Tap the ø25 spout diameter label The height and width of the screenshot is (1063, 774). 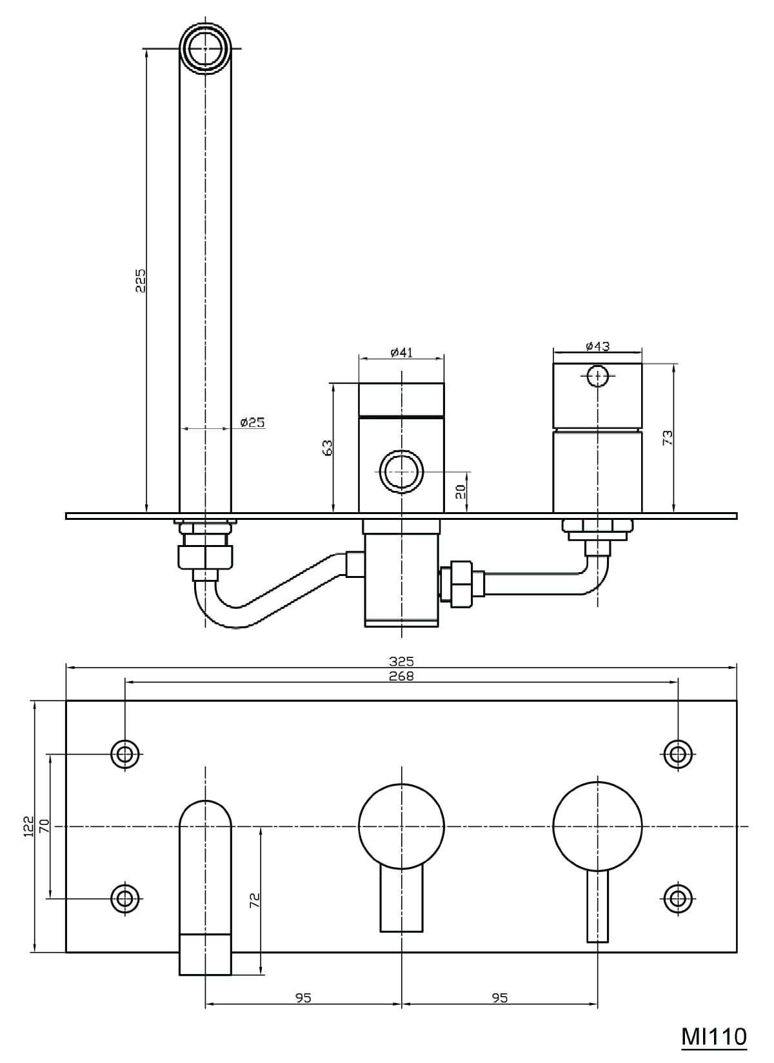[x=252, y=422]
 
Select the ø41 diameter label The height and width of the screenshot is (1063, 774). [x=401, y=352]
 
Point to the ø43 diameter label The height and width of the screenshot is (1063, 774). [x=597, y=346]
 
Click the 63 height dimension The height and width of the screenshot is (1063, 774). [x=328, y=448]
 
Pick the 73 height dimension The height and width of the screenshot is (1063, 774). [x=668, y=437]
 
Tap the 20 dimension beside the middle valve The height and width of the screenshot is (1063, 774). [x=460, y=492]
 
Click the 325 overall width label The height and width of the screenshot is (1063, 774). [x=401, y=661]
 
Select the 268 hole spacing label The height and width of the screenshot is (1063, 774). [x=401, y=676]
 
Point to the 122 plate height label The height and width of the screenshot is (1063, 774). [x=28, y=826]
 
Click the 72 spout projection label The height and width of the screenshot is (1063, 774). [x=254, y=900]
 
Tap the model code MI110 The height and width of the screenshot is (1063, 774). [x=714, y=1036]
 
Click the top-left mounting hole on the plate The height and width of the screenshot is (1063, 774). [x=125, y=753]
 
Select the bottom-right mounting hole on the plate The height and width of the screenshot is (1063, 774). [x=677, y=898]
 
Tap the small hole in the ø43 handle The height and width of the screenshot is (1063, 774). [x=598, y=375]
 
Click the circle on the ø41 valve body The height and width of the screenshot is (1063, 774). [x=401, y=472]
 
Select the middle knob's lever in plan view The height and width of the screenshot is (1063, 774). [x=401, y=900]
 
